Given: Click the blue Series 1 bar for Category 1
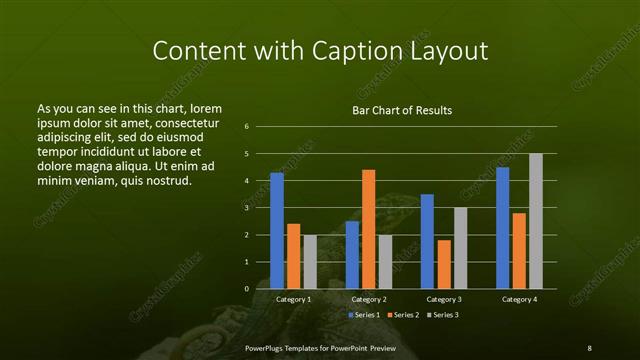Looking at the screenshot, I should pos(277,230).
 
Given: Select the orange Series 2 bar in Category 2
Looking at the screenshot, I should pos(368,229).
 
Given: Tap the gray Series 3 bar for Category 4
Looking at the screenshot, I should pos(535,221).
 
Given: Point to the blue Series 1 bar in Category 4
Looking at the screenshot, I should pos(502,228).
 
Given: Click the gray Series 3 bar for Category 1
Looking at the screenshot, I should pos(309,261).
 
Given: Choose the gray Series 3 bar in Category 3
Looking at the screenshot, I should pos(460,248).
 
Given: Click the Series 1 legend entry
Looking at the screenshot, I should pos(363,315).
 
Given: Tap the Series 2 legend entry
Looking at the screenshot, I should pos(402,315).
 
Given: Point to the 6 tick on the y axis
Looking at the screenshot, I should pos(247,127).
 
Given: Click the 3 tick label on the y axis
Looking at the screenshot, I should pos(247,208).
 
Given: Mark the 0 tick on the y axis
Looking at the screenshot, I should pos(247,289).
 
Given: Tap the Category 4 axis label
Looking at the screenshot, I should pos(518,299).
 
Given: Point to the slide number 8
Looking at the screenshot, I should pos(589,347).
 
